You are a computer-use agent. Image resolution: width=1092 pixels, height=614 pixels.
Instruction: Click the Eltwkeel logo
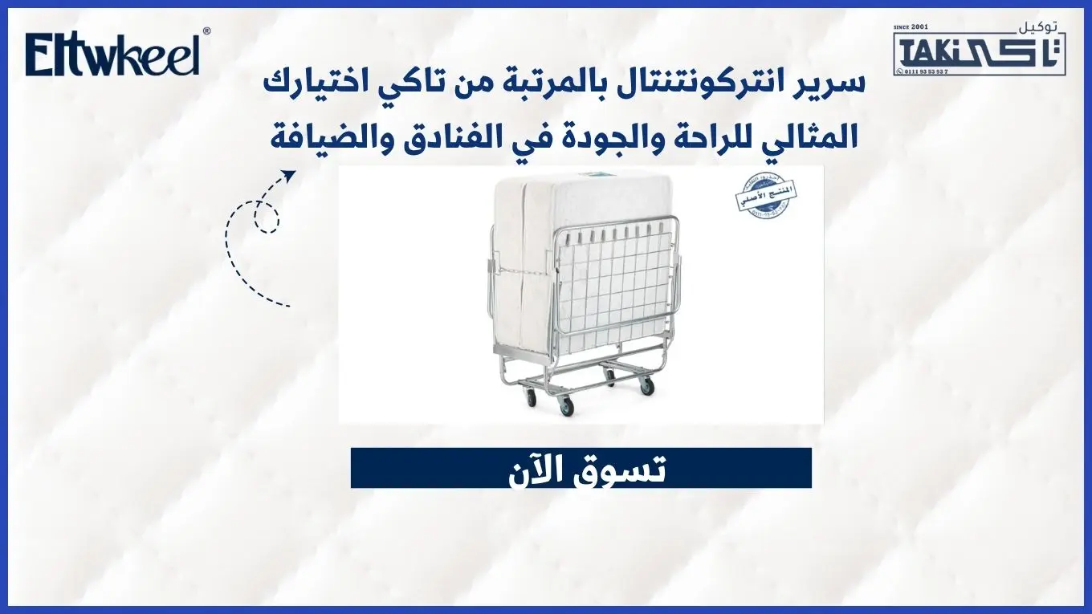pyautogui.click(x=112, y=55)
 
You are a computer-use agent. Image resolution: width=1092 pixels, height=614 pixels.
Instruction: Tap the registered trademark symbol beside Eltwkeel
pyautogui.click(x=207, y=31)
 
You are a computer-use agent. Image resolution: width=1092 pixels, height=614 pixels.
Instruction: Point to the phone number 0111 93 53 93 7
pyautogui.click(x=925, y=71)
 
